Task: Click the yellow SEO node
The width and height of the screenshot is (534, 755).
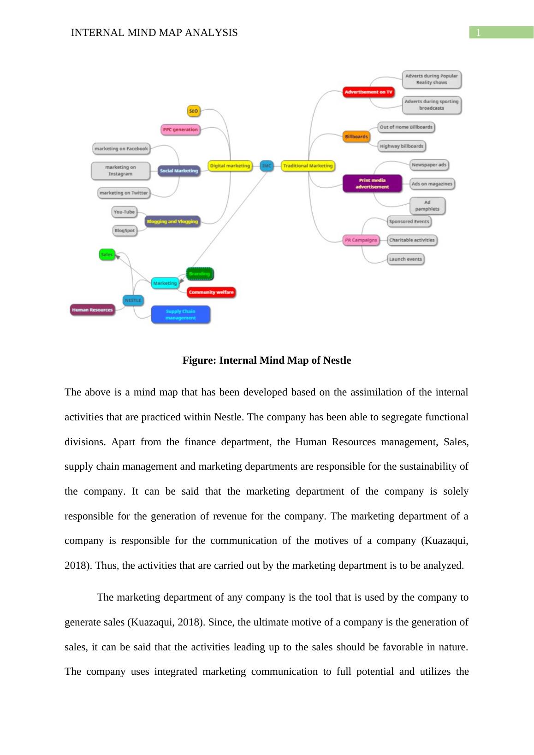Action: [x=194, y=111]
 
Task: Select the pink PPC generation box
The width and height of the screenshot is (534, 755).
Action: [x=180, y=130]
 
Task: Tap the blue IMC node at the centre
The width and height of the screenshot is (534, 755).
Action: [x=267, y=165]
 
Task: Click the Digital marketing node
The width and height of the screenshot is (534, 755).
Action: [x=230, y=165]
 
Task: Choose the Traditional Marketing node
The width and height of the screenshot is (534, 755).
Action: [x=308, y=165]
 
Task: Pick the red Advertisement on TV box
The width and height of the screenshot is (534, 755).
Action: [x=368, y=92]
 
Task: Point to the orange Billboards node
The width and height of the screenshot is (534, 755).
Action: [x=356, y=136]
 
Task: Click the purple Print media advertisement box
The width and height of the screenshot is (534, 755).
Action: [x=372, y=183]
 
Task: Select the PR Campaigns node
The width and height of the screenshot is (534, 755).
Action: [x=361, y=240]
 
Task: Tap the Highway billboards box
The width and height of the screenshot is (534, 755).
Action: [x=401, y=146]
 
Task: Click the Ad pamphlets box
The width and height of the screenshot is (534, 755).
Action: [x=427, y=206]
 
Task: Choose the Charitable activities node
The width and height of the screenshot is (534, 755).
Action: [x=412, y=240]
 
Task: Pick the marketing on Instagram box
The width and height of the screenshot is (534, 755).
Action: [x=120, y=171]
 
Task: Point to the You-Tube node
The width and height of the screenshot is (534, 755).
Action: [x=124, y=212]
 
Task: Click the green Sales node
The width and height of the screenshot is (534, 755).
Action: [x=107, y=254]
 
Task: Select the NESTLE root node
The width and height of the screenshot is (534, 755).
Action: [x=133, y=300]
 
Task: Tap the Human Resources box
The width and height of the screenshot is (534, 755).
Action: [x=92, y=310]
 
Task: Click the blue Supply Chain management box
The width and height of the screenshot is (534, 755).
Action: [x=180, y=314]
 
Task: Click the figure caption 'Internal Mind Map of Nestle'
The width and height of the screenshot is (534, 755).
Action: [x=267, y=360]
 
